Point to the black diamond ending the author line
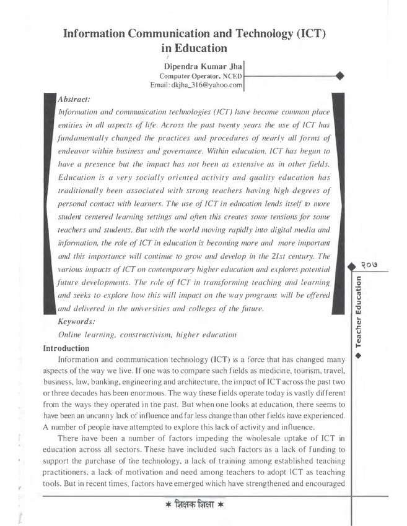pyautogui.click(x=339, y=75)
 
